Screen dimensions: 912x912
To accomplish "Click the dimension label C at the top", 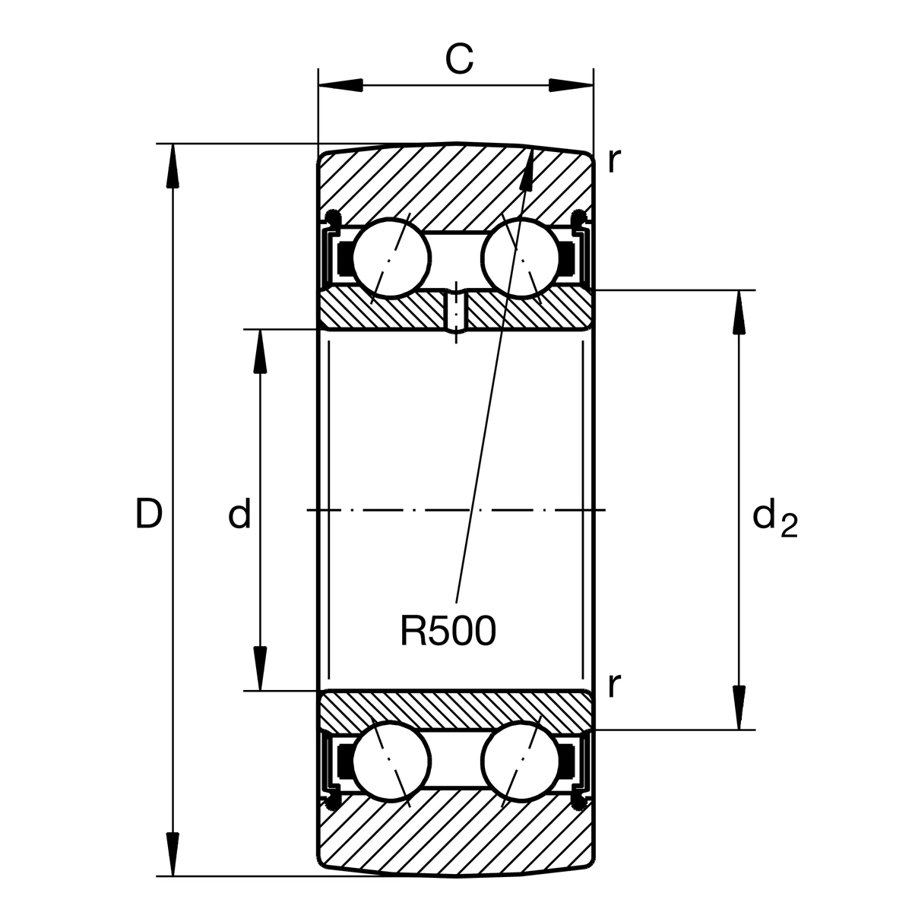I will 458,59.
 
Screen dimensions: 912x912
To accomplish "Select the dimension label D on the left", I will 149,515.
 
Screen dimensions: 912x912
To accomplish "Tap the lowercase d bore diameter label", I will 239,515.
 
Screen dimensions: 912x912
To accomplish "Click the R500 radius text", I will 448,631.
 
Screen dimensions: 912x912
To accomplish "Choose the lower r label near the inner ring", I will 614,686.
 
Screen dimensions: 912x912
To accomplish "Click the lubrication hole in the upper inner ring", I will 455,312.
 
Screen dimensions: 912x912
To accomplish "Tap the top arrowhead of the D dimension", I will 173,163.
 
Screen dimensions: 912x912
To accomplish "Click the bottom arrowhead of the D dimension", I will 173,855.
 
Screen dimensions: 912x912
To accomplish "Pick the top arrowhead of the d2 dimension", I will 737,312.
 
